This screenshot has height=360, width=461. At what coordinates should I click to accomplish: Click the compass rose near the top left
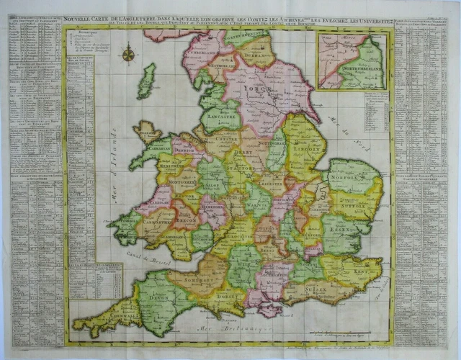pyautogui.click(x=129, y=53)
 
